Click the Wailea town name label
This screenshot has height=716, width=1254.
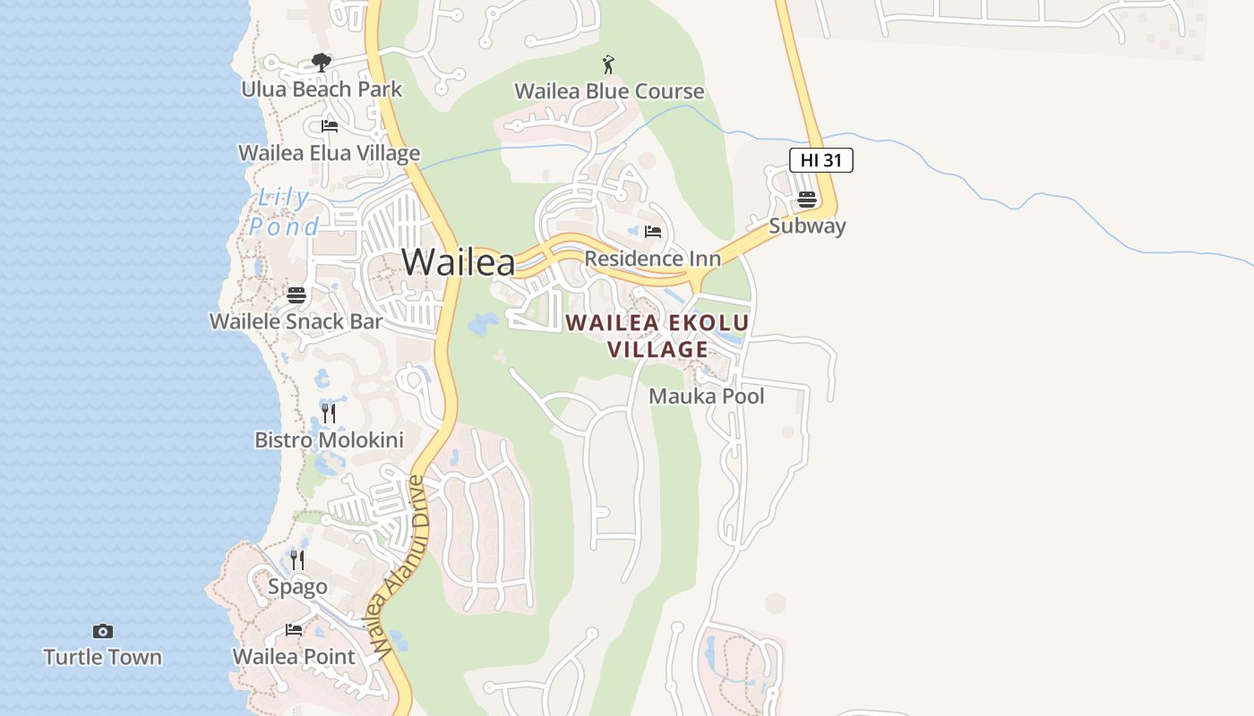point(458,262)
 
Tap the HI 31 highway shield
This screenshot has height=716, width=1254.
point(820,160)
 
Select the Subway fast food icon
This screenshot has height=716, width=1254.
point(807,200)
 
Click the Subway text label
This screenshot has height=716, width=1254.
point(807,226)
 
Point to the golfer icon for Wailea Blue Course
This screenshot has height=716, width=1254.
point(609,64)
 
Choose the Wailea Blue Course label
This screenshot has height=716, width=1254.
point(609,91)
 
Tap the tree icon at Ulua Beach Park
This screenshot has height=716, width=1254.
point(322,62)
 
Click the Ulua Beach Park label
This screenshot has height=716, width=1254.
point(322,89)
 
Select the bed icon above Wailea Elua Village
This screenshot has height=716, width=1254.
point(329,126)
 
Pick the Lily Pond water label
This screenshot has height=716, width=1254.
point(284,212)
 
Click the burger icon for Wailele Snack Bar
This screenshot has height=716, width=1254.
point(296,294)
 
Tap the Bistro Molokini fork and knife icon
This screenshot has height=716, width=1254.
point(329,413)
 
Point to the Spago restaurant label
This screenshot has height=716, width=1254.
point(297,587)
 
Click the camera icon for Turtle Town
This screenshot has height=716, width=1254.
point(103,631)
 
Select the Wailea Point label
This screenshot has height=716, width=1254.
point(294,657)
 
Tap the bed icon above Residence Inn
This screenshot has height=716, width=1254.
point(652,233)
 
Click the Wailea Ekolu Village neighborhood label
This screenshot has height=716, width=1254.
point(657,336)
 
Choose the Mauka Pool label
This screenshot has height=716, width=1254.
point(707,396)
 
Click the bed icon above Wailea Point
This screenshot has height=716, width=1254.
point(294,630)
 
